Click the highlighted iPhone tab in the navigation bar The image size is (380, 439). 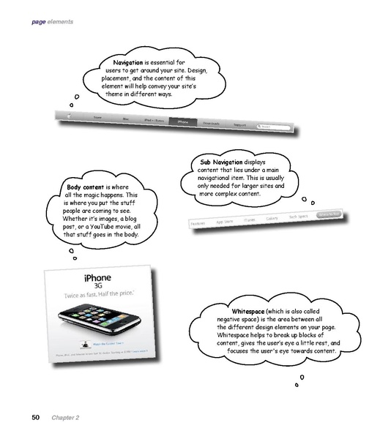183,121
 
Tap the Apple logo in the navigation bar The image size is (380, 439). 70,113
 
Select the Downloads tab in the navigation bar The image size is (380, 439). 213,124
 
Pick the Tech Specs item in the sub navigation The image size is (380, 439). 298,217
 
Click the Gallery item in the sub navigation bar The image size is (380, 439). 272,219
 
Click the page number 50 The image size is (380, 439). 35,417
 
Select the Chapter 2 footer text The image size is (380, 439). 64,417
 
